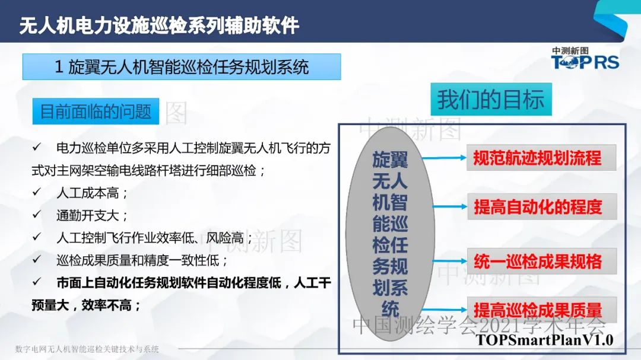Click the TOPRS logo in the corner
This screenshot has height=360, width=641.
click(x=585, y=58)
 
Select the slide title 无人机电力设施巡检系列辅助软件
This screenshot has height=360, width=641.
click(x=160, y=25)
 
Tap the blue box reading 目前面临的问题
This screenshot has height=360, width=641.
click(x=96, y=111)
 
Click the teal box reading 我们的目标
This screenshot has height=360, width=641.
click(x=491, y=99)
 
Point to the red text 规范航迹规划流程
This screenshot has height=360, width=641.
click(x=537, y=158)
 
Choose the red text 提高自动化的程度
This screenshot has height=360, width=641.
click(x=538, y=207)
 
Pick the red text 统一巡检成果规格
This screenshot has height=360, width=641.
click(x=538, y=261)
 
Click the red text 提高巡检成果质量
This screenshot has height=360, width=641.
click(x=538, y=310)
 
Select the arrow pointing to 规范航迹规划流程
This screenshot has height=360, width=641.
click(x=445, y=158)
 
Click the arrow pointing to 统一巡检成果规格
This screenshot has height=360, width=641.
click(x=450, y=261)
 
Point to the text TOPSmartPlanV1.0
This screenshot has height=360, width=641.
click(x=544, y=340)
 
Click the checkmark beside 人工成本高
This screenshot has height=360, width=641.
click(x=37, y=192)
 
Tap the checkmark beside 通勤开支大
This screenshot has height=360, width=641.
click(x=37, y=214)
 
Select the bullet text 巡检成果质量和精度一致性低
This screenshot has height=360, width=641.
click(x=142, y=260)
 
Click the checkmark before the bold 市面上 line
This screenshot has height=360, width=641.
click(x=37, y=282)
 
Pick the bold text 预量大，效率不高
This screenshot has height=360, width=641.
click(x=86, y=305)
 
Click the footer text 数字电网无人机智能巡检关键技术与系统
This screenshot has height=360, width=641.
click(x=87, y=349)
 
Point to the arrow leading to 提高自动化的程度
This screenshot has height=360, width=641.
click(x=450, y=207)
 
